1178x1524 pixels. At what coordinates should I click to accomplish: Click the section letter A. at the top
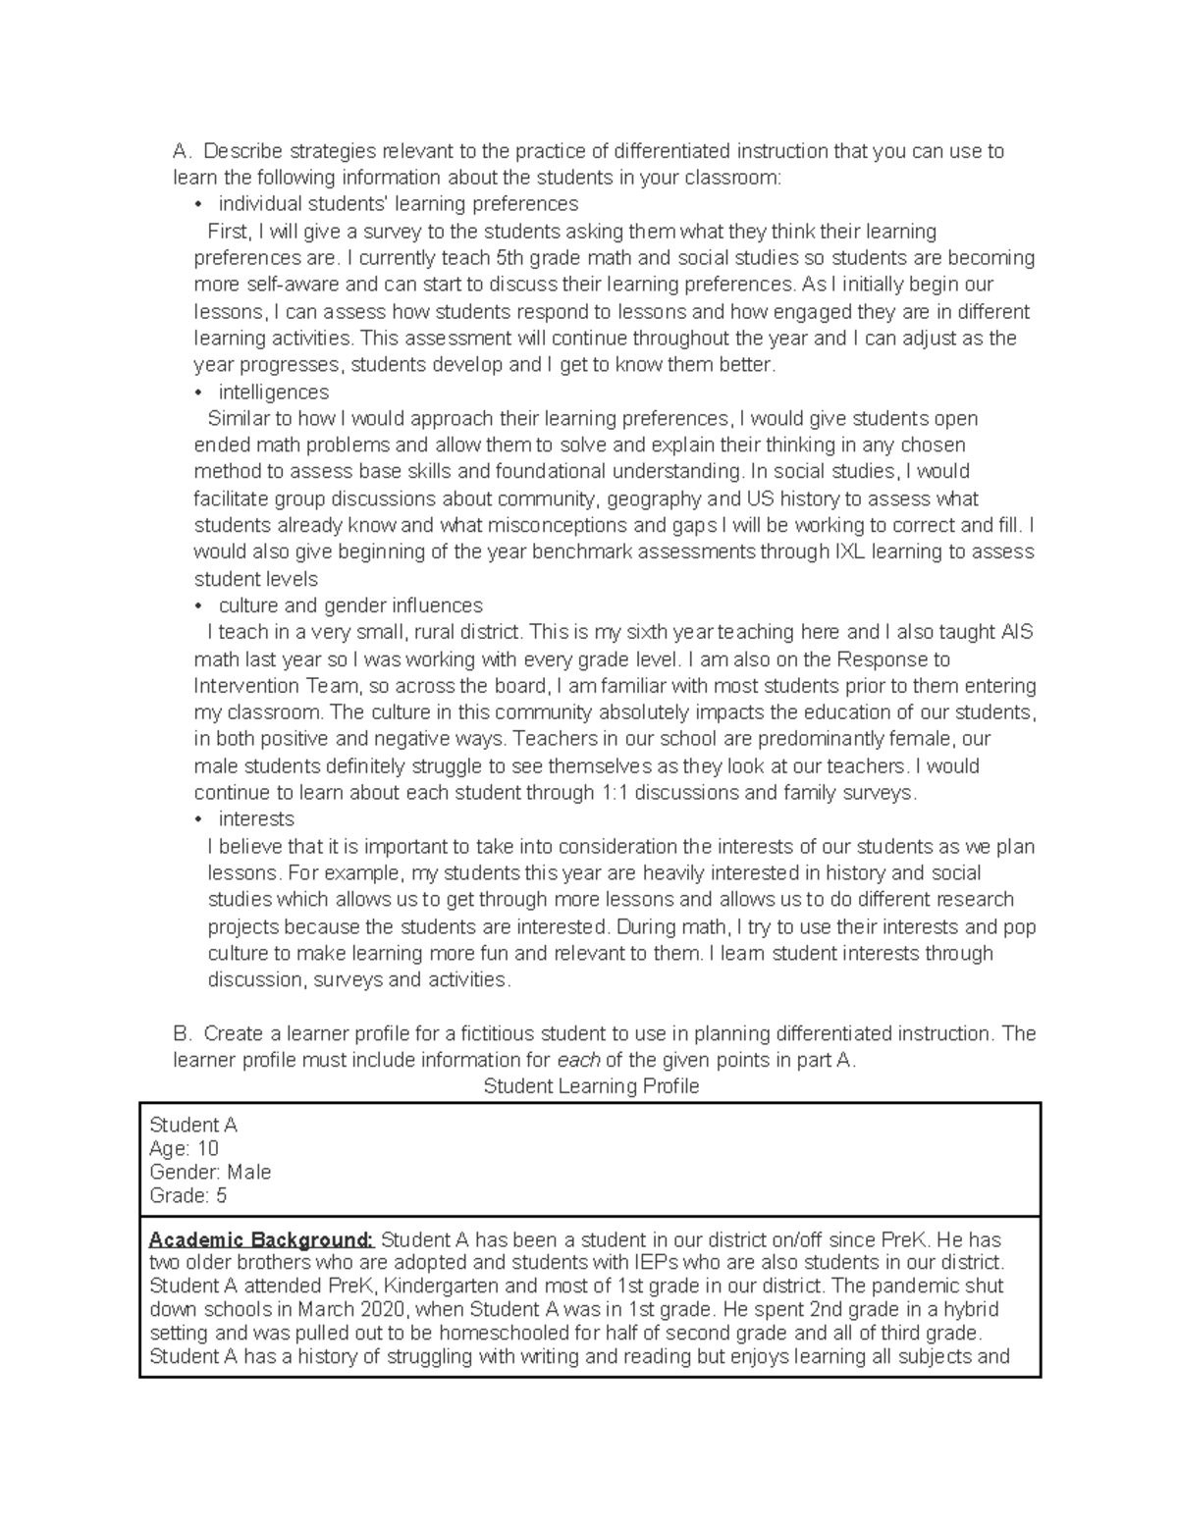tap(182, 151)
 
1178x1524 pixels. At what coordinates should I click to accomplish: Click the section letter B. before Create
tap(182, 1033)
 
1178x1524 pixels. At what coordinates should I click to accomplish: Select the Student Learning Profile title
tap(591, 1086)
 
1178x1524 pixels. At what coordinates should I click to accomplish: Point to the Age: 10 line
tap(184, 1148)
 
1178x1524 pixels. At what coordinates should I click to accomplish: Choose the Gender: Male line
tap(210, 1172)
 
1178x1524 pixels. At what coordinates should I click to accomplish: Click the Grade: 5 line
tap(187, 1195)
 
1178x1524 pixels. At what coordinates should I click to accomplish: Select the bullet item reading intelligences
tap(274, 392)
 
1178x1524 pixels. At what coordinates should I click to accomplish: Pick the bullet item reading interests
tap(256, 818)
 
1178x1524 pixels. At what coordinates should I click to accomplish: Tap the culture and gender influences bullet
tap(350, 605)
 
